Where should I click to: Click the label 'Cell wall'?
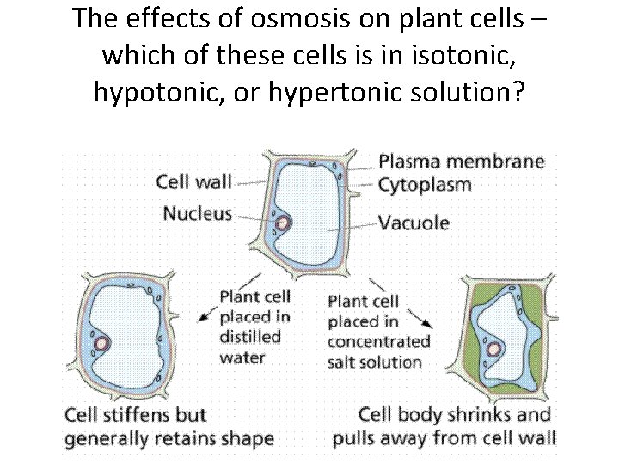click(193, 181)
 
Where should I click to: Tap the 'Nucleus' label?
click(198, 212)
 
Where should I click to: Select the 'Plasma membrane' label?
click(462, 162)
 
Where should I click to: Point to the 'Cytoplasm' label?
click(425, 184)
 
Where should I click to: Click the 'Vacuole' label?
click(414, 223)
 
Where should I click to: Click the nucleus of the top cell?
click(283, 223)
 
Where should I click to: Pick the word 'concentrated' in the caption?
click(378, 342)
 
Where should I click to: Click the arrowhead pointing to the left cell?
click(203, 315)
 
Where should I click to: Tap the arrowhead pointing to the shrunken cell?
click(427, 325)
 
